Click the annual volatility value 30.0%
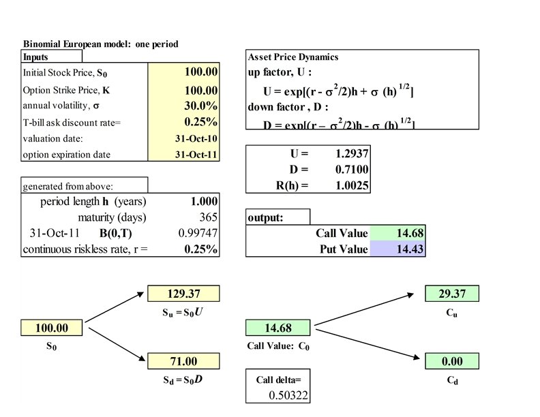point(200,106)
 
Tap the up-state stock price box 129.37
point(183,294)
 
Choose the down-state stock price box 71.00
point(183,360)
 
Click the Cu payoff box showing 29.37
point(451,294)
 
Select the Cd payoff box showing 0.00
point(451,360)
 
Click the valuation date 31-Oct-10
point(196,138)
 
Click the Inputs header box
point(52,57)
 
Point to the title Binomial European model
point(100,44)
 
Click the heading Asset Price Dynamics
point(293,57)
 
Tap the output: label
point(265,218)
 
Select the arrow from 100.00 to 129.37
point(116,307)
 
